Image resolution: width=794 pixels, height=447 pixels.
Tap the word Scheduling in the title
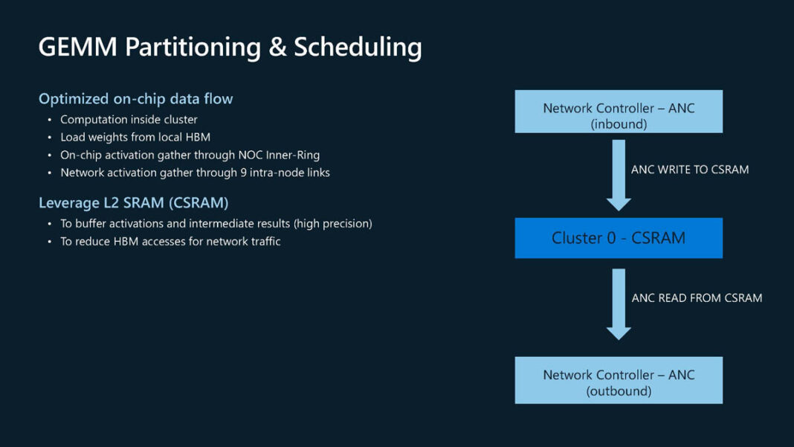358,47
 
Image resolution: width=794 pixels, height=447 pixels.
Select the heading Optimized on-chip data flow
135,99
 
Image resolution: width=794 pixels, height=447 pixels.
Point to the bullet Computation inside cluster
129,119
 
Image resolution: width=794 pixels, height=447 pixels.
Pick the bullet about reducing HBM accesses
170,241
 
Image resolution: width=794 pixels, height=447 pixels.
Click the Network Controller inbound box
619,112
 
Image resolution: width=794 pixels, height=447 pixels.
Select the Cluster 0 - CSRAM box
619,238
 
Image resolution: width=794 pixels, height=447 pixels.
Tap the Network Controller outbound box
619,380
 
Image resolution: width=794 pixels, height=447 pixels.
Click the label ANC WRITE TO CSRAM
690,170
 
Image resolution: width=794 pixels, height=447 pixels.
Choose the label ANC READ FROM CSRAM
697,298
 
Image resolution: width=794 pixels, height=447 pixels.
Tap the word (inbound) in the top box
619,124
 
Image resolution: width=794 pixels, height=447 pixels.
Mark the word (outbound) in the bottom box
619,390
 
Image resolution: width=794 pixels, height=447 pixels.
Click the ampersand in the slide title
276,47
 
